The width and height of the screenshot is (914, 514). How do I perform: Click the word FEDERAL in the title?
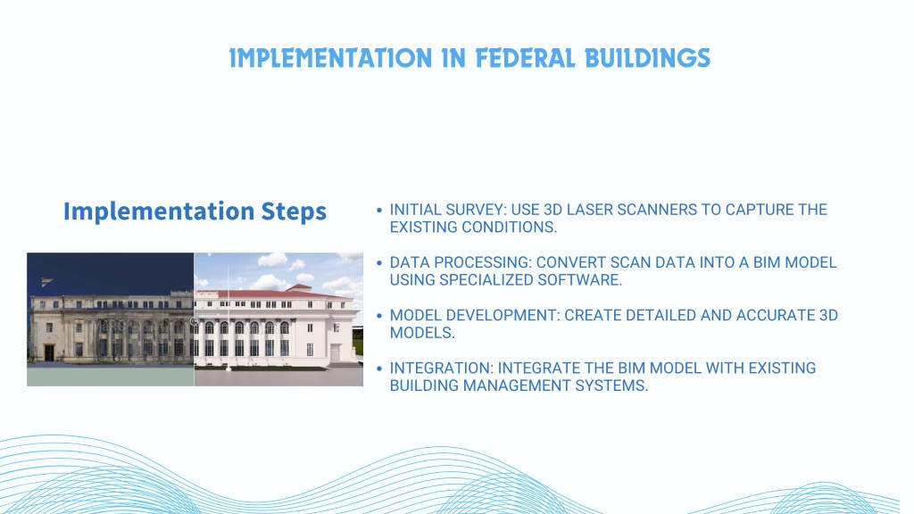[x=525, y=58]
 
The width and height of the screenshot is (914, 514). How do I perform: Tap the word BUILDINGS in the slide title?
[x=647, y=58]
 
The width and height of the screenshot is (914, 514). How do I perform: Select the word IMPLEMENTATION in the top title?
[x=330, y=58]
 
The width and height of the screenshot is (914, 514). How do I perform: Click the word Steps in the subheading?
[x=293, y=211]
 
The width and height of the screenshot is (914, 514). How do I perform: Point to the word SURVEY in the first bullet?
[x=471, y=210]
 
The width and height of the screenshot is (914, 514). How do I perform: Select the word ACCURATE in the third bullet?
[x=776, y=316]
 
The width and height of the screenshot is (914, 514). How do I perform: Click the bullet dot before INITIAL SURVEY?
[x=379, y=211]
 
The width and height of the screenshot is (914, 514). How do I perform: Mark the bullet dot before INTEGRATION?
[x=379, y=369]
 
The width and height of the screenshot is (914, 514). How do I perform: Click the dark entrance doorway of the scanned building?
[x=50, y=352]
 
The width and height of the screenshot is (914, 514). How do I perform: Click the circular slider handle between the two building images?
[x=194, y=321]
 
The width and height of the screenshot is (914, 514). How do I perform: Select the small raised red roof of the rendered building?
[x=300, y=287]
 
